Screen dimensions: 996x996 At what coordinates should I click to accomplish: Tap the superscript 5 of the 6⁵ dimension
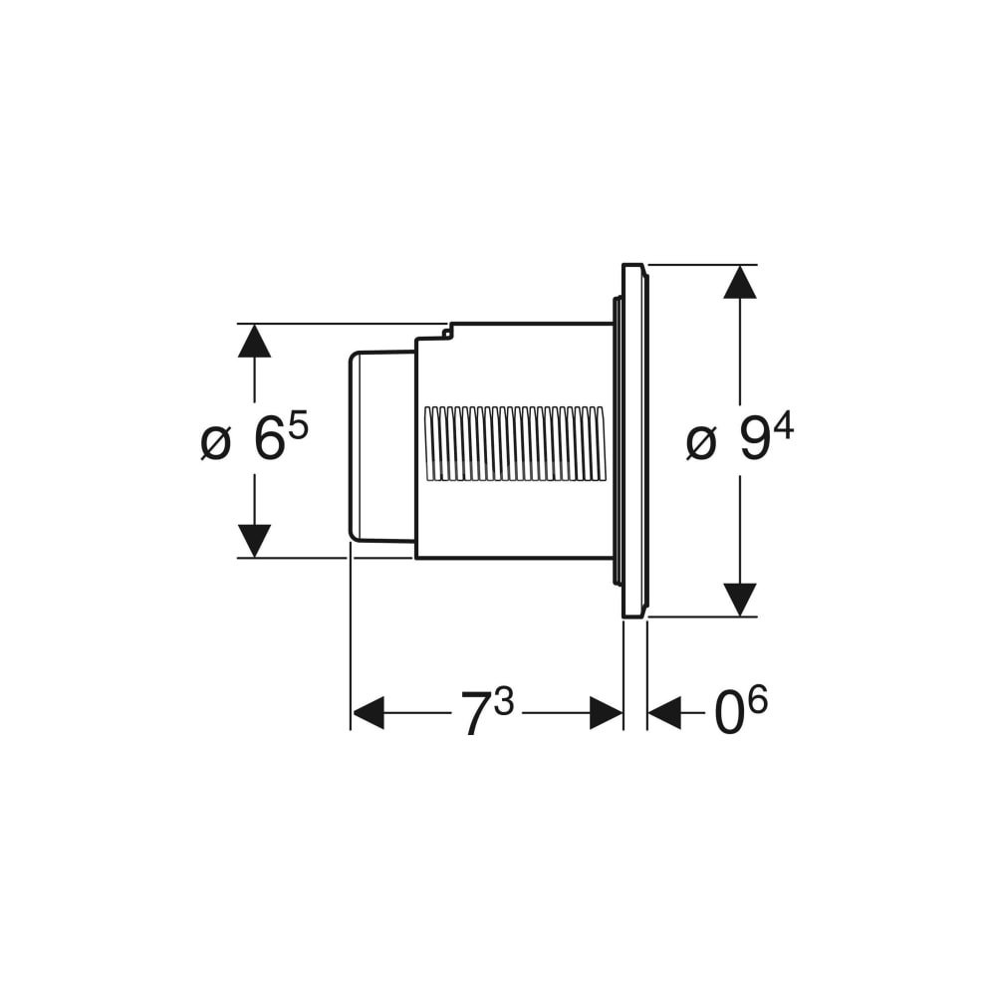299,427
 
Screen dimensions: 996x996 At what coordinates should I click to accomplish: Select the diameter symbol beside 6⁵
215,443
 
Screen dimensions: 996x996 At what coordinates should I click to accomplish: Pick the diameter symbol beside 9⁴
701,443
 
